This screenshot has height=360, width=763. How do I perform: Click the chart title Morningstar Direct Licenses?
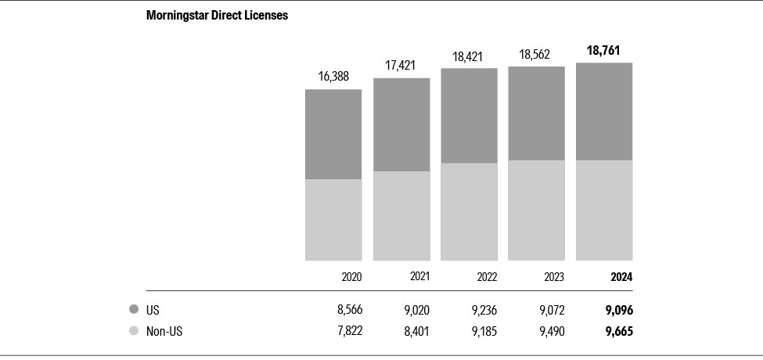(x=217, y=16)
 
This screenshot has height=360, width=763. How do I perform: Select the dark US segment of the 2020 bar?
(x=333, y=134)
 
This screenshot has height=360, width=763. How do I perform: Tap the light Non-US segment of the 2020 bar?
(x=333, y=220)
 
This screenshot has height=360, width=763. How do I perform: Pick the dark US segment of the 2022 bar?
(x=469, y=116)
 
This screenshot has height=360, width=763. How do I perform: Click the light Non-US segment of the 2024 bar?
(x=604, y=210)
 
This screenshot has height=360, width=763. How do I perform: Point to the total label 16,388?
(x=333, y=77)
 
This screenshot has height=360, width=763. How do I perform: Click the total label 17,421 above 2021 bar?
(x=401, y=66)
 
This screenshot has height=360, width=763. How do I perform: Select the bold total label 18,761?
(x=604, y=51)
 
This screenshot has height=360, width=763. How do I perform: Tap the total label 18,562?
(x=536, y=55)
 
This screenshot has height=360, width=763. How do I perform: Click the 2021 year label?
(x=419, y=276)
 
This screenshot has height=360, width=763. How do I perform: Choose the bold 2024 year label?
(x=621, y=277)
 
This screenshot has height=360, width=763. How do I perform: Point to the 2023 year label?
(x=554, y=277)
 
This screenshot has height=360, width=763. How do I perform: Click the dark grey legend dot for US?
(x=134, y=310)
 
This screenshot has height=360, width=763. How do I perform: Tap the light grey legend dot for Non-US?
(x=134, y=331)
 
